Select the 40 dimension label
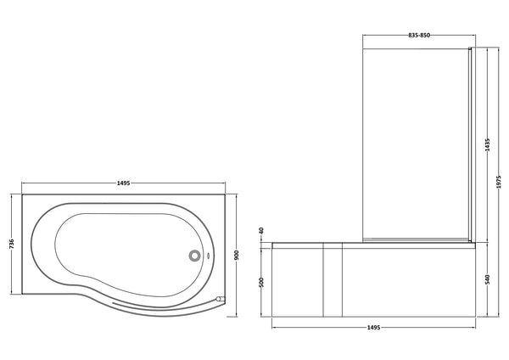[x=262, y=231]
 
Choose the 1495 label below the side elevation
[x=373, y=327]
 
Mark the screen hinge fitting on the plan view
[x=220, y=298]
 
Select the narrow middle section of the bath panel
[x=331, y=280]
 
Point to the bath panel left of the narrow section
[x=297, y=280]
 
